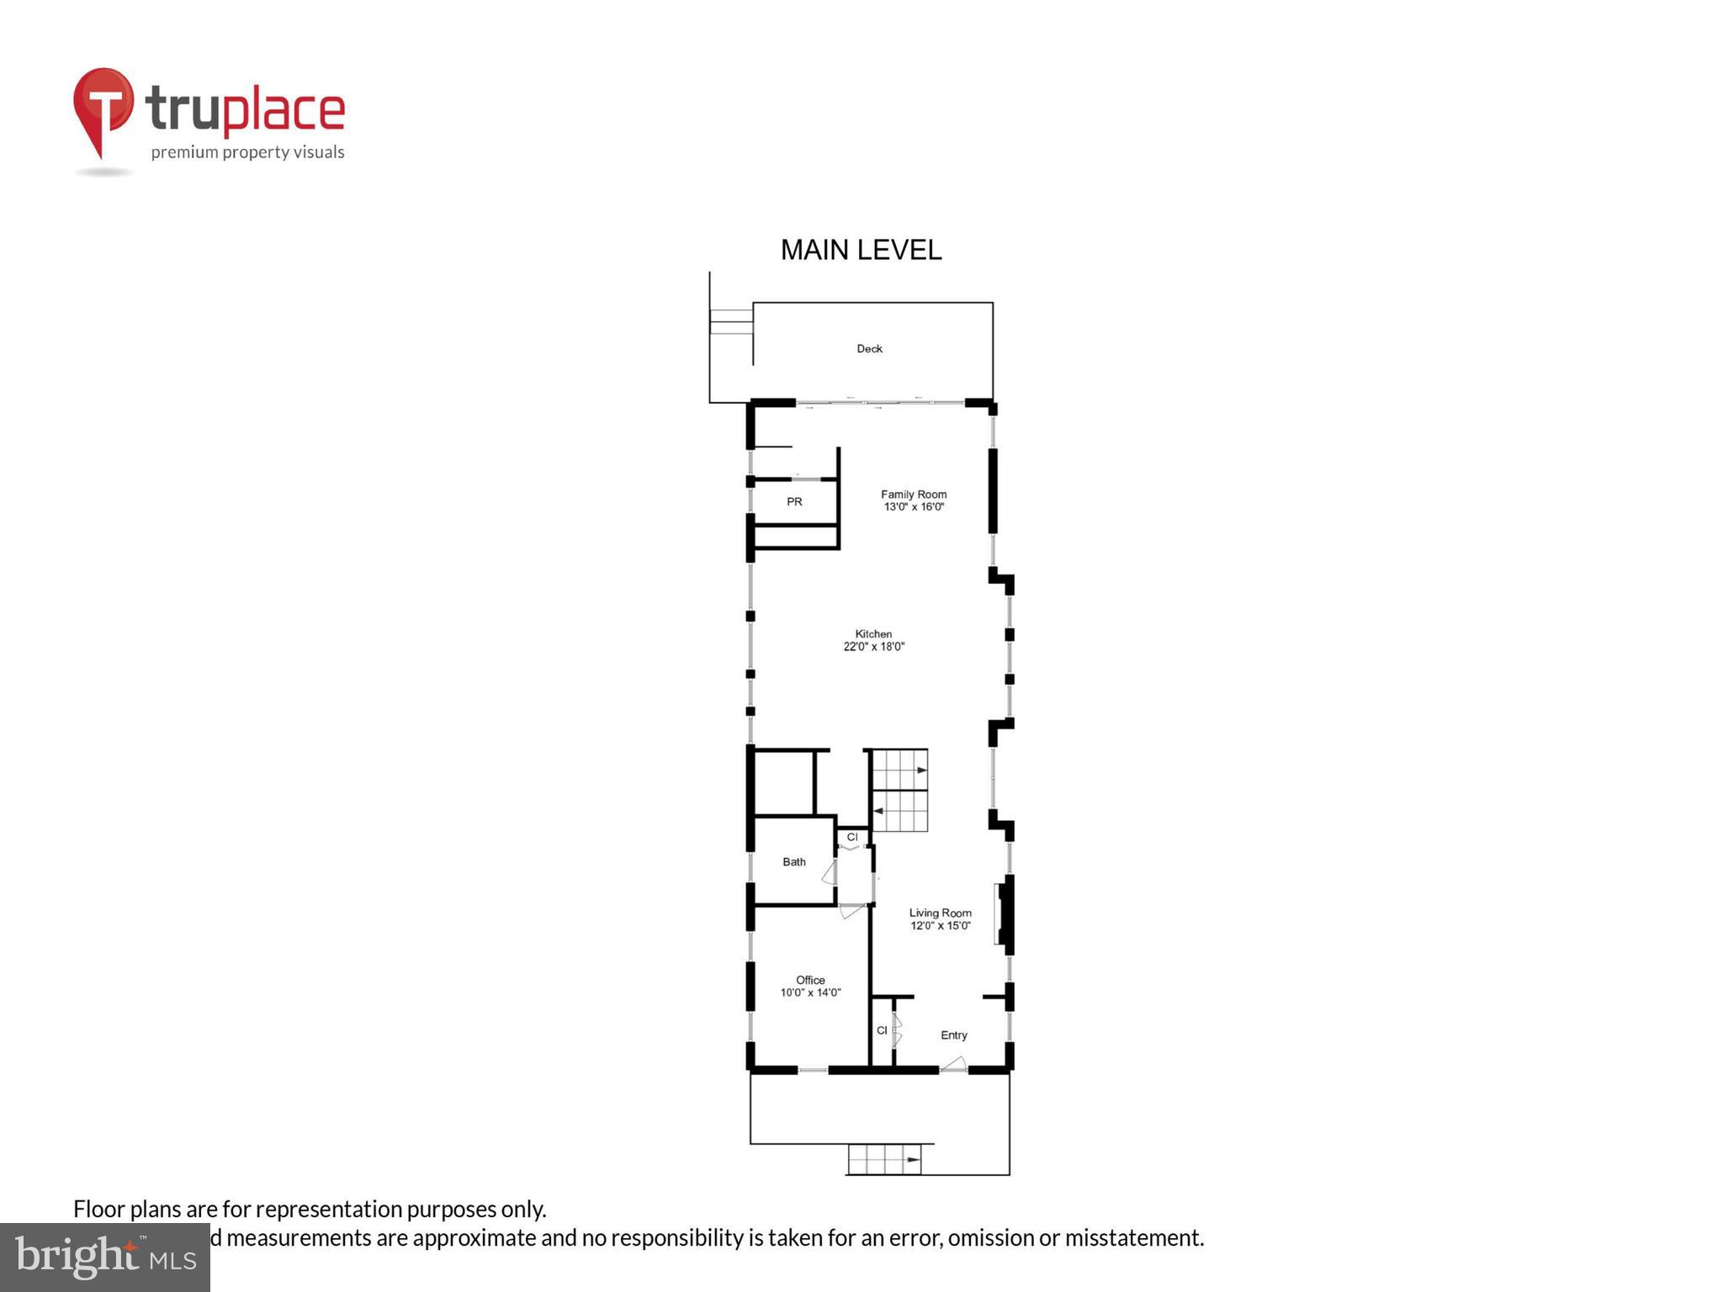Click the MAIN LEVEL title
click(861, 250)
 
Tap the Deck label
click(869, 348)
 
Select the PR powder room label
click(794, 502)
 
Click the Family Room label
click(914, 495)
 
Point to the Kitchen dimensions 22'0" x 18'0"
click(874, 647)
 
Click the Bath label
click(794, 861)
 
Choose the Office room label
click(810, 980)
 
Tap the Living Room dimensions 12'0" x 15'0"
click(941, 926)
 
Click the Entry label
click(954, 1035)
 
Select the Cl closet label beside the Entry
click(882, 1030)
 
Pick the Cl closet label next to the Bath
click(852, 837)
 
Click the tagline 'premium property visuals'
click(247, 152)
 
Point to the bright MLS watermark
click(105, 1257)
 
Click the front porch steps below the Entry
click(883, 1160)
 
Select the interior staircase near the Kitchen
click(899, 791)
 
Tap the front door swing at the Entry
click(953, 1064)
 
